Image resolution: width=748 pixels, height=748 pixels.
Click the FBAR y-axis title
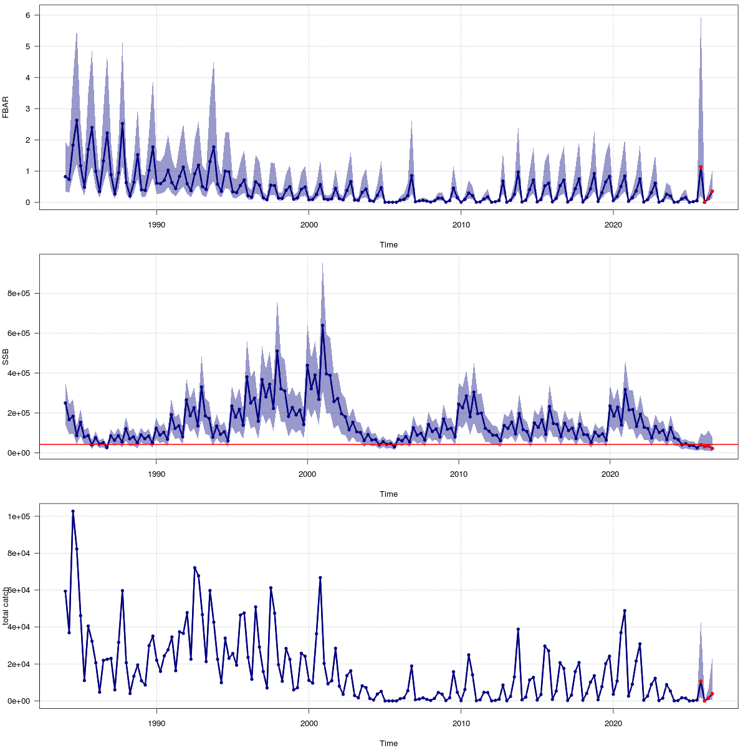(x=6, y=107)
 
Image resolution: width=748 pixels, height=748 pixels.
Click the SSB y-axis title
(x=6, y=357)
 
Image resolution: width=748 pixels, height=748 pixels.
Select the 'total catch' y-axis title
(x=6, y=606)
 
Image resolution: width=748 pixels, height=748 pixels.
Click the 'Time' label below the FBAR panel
(x=388, y=245)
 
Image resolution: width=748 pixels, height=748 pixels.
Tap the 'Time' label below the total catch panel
(x=388, y=743)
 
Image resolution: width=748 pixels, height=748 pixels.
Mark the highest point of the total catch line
(x=73, y=511)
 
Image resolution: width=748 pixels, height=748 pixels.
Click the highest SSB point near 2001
(x=322, y=325)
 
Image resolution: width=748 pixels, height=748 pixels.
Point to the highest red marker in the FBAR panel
(x=701, y=167)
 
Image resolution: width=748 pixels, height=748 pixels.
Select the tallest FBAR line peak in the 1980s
(x=77, y=120)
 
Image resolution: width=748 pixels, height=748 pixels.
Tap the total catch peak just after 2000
(x=320, y=578)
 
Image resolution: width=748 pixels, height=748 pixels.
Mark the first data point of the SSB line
(x=65, y=403)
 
